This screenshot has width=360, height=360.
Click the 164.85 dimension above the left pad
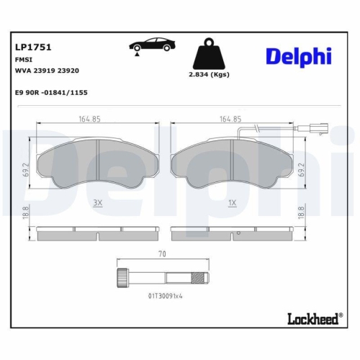coord(89,120)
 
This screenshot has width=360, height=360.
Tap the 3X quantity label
coord(97,204)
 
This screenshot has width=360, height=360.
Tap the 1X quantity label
coord(232,204)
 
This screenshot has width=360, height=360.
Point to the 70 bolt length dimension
coord(163,253)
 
